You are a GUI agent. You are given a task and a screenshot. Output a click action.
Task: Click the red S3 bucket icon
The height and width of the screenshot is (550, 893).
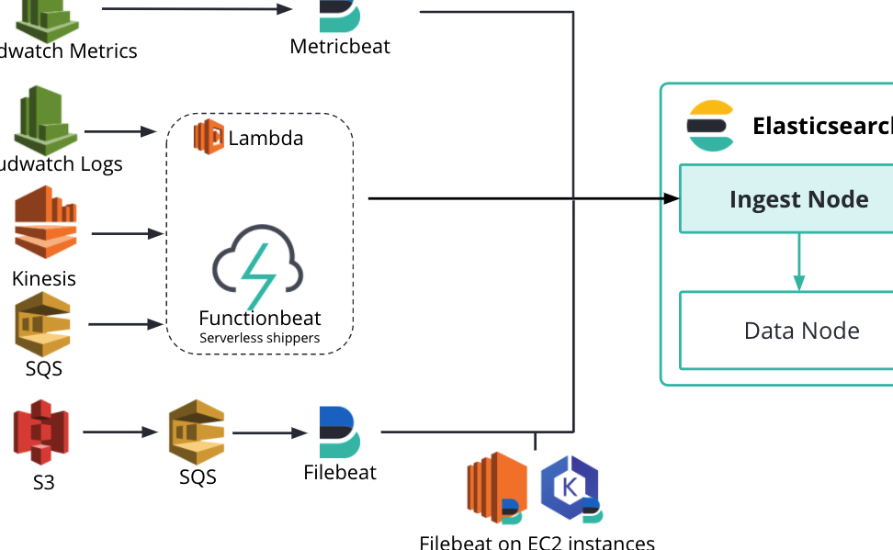point(41,432)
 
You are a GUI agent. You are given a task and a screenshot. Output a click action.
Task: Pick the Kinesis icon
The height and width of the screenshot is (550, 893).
point(43,224)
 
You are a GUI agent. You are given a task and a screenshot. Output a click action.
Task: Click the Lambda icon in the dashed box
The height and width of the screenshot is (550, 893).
point(209,138)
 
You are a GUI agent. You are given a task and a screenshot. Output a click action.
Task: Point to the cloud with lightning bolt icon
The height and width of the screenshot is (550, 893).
point(258,267)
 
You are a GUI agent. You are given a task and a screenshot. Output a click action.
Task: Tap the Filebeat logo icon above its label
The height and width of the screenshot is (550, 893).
point(339,432)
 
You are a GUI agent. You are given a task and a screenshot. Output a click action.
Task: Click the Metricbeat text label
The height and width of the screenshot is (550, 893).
point(340,46)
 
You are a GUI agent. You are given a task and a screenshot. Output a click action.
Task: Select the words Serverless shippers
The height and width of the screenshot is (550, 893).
point(260,338)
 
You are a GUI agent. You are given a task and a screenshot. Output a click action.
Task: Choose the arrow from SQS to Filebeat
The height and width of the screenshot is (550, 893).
point(270,432)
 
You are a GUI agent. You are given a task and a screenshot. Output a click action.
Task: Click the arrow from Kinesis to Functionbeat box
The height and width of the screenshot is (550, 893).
point(127,233)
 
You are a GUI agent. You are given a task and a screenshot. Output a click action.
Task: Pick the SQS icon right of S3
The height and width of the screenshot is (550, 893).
point(198,431)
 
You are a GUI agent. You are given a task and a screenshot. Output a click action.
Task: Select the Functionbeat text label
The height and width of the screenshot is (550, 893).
point(260,318)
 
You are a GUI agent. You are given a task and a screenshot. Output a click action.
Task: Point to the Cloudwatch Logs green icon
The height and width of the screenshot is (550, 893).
point(45,118)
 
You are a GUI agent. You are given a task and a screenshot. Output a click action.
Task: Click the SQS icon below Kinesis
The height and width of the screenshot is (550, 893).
point(43,323)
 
